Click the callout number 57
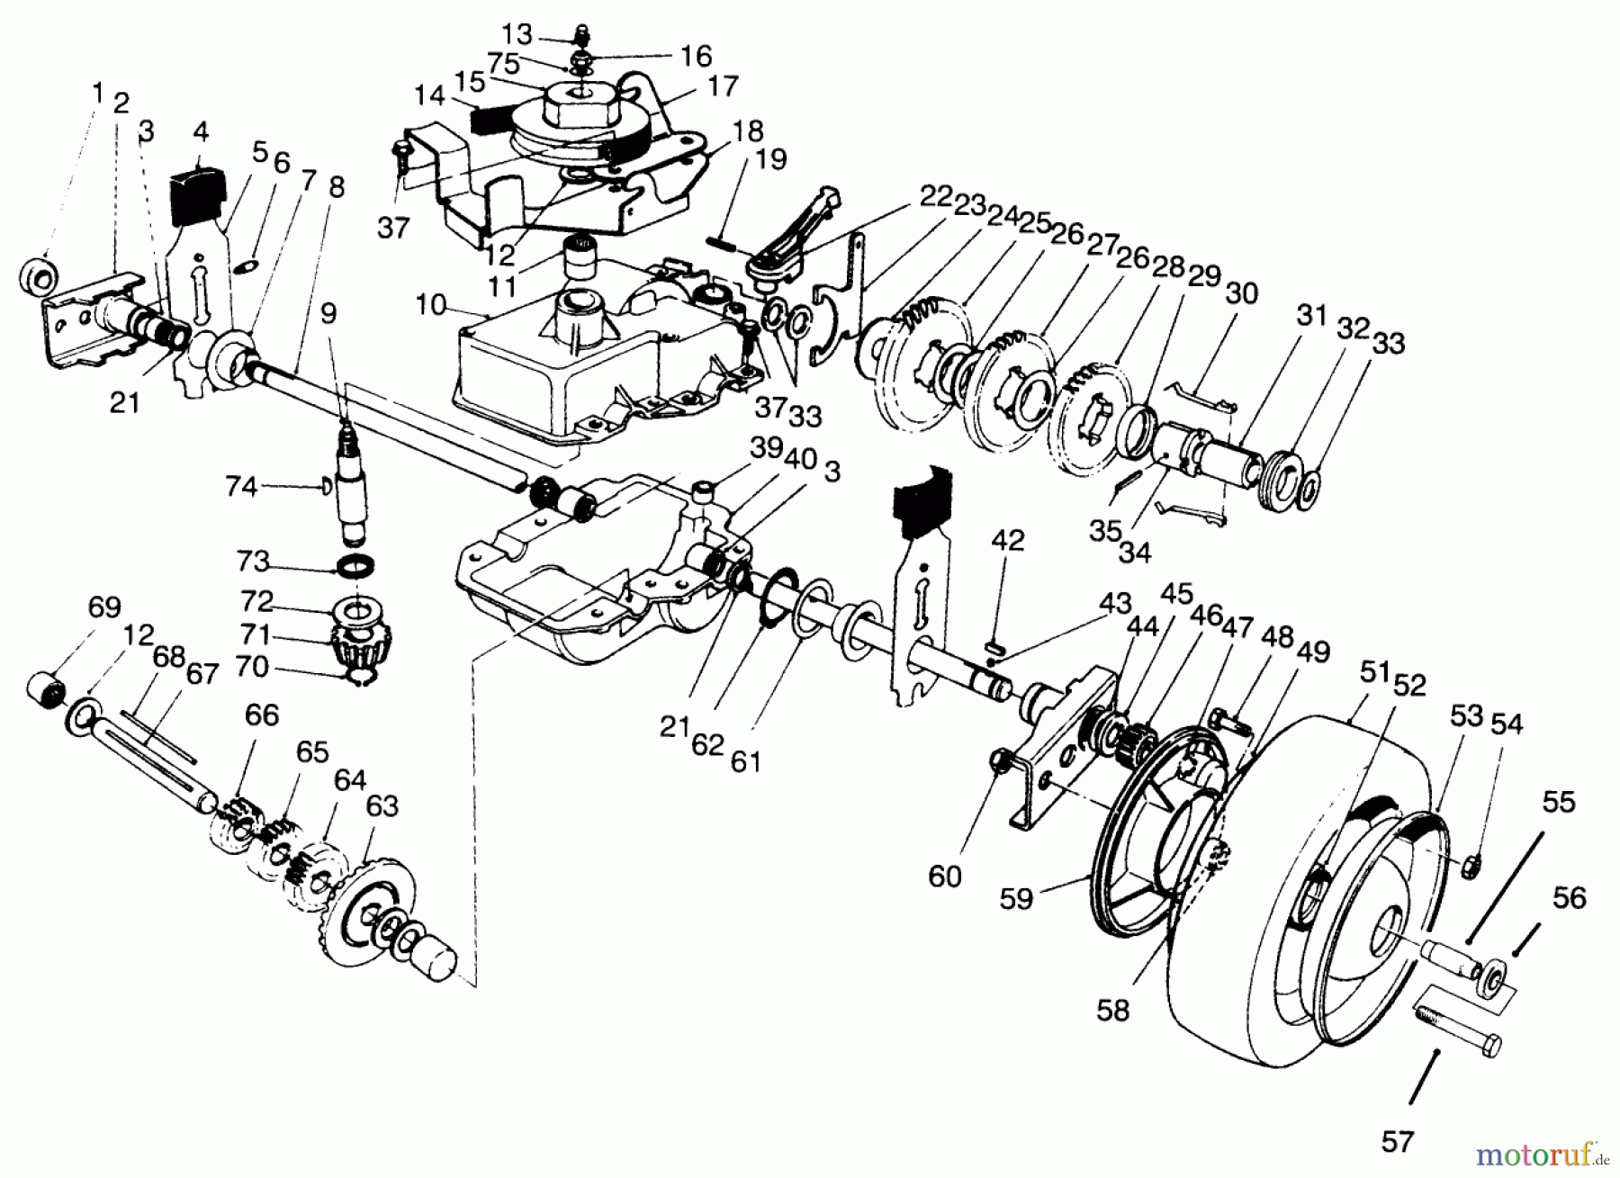point(1397,1142)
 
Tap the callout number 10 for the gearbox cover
point(431,305)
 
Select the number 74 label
point(242,487)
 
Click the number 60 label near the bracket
point(945,875)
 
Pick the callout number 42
point(1009,540)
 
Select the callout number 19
point(771,159)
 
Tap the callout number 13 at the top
point(517,34)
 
